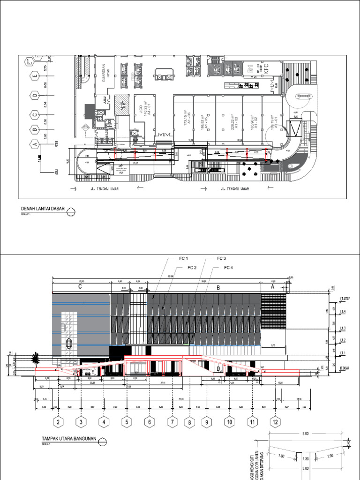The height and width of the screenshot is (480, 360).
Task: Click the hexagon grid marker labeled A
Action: click(34, 143)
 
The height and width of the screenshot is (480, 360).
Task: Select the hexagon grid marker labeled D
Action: click(34, 96)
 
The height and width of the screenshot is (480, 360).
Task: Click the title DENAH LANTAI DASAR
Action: click(42, 209)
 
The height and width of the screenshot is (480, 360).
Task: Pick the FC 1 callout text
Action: click(182, 259)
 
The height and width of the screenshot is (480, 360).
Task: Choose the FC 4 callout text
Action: click(228, 268)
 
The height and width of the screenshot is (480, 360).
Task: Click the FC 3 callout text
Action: click(221, 259)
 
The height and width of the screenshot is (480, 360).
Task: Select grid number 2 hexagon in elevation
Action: click(59, 422)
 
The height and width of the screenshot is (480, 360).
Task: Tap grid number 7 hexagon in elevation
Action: click(172, 422)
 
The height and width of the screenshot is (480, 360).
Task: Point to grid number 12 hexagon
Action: click(275, 422)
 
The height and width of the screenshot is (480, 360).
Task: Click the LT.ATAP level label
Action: click(346, 298)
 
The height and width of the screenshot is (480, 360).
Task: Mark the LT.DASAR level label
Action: click(345, 369)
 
